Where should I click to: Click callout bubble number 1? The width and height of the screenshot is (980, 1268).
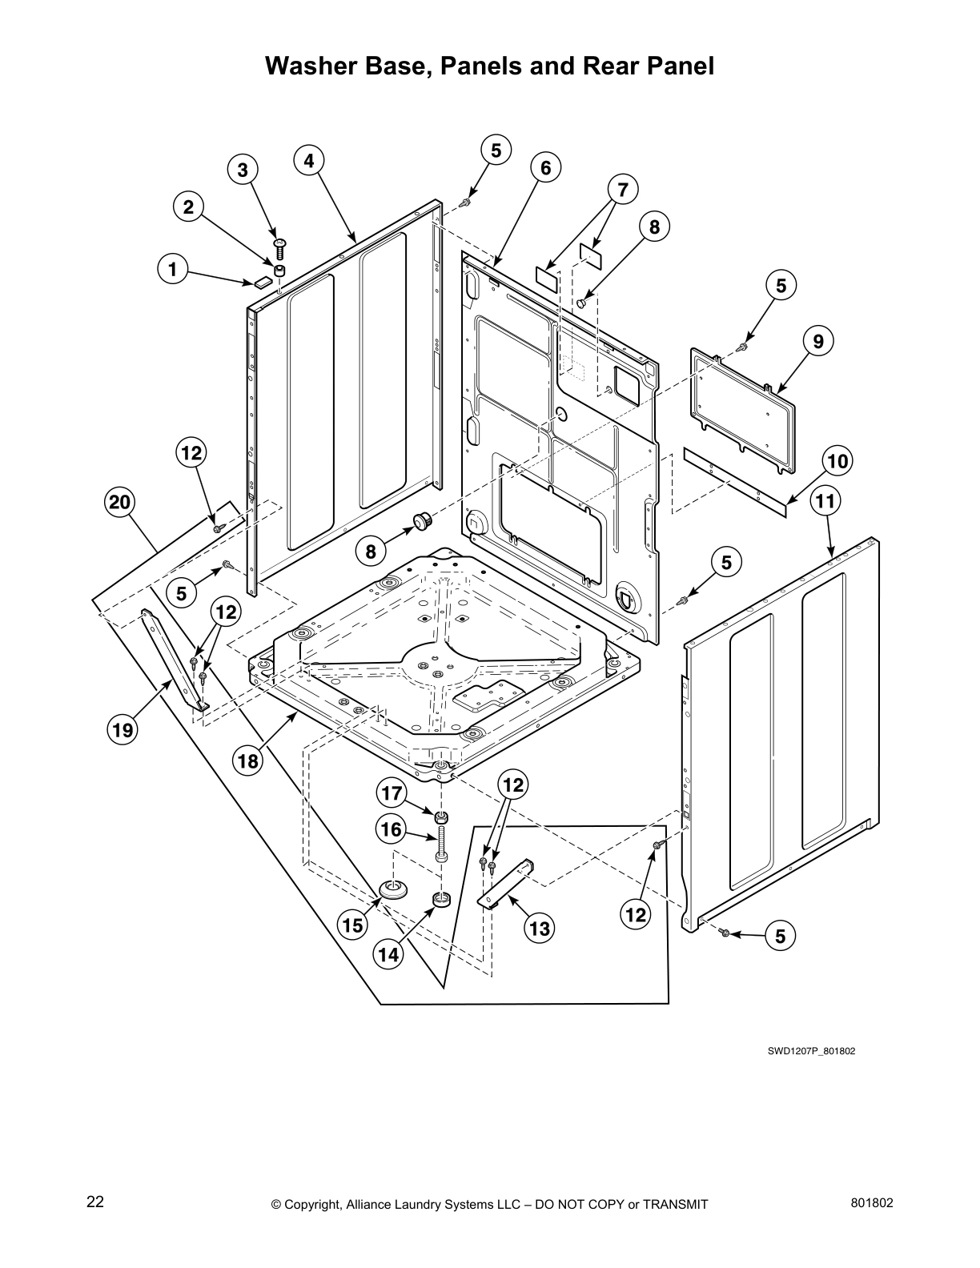click(171, 269)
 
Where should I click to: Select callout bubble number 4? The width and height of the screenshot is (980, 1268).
click(309, 159)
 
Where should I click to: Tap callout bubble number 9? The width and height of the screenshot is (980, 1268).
click(817, 341)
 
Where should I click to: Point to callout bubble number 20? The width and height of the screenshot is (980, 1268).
click(119, 503)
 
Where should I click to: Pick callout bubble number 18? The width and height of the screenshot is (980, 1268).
click(249, 760)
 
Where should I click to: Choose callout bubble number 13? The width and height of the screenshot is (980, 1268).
click(540, 928)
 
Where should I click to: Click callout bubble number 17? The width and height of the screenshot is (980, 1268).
click(391, 794)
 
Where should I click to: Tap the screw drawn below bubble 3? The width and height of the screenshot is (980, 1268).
click(279, 247)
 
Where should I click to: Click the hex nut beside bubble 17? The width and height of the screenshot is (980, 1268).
click(440, 818)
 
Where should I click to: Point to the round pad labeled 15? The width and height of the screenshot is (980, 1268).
click(393, 887)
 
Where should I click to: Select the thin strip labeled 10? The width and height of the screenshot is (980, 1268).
click(734, 483)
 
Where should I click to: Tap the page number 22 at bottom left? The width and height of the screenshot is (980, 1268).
click(95, 1202)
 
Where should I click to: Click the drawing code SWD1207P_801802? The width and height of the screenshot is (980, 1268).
click(811, 1051)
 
